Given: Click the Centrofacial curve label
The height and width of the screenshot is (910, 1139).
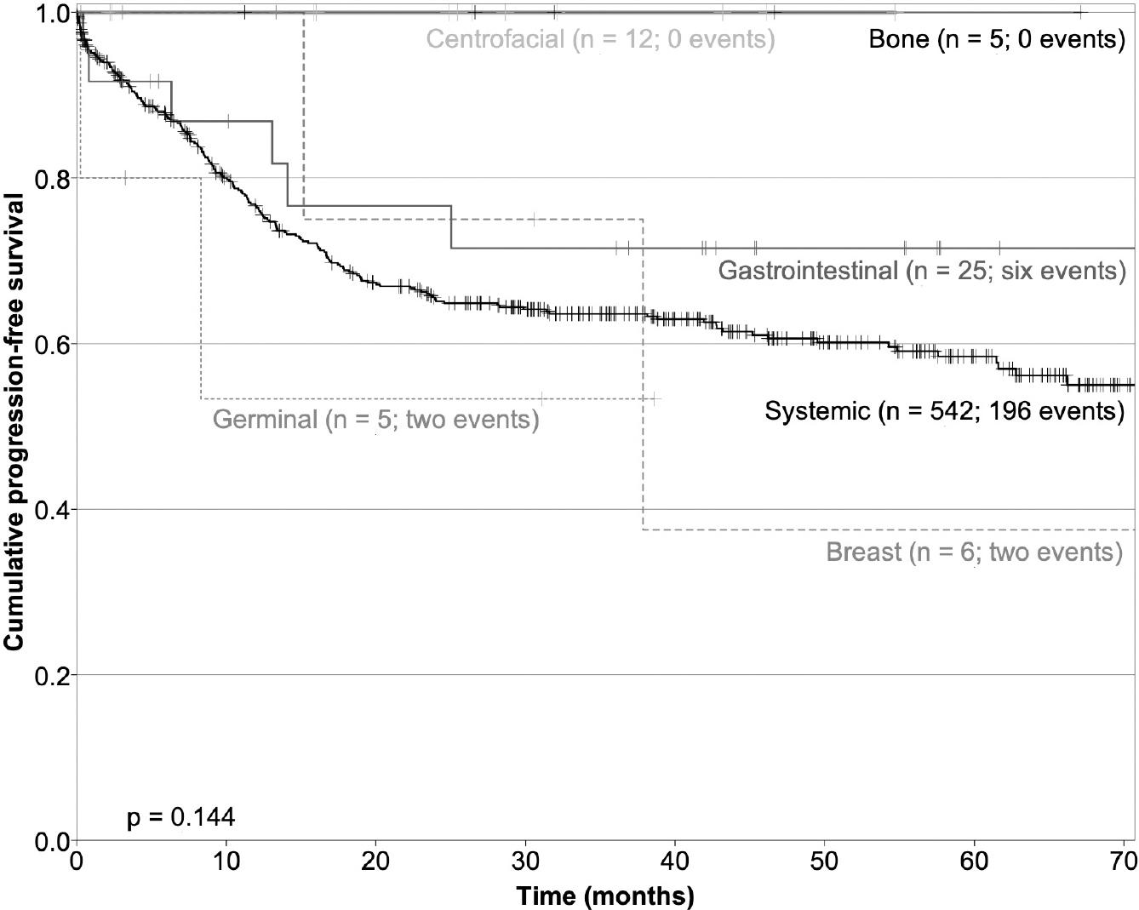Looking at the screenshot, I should point(600,39).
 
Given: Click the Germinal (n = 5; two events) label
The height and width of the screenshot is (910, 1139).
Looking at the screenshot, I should point(375,420).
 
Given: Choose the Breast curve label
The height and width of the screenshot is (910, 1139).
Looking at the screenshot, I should point(974,552).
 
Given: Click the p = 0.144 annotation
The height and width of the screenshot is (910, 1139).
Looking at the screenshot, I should point(180,817).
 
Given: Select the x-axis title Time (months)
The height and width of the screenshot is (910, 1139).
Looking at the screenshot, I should point(605,896).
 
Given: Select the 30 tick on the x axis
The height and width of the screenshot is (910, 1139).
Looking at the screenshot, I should point(525,861).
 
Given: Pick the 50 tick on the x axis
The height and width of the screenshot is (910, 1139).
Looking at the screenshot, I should point(824,861).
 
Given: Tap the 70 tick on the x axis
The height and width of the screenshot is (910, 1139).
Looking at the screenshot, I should point(1123,861).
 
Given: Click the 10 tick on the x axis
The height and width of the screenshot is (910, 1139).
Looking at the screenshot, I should point(226,861).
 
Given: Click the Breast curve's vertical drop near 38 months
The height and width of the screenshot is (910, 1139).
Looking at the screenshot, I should point(643,375).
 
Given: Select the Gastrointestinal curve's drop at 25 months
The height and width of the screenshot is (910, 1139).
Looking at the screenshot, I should point(451,227).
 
